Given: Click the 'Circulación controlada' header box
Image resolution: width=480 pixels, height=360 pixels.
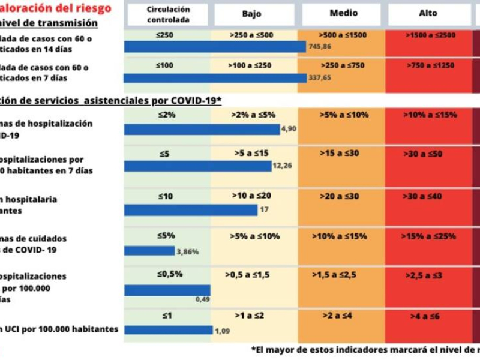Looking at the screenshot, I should (x=168, y=14).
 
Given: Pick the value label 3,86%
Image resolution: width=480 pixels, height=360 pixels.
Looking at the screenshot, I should (x=187, y=252).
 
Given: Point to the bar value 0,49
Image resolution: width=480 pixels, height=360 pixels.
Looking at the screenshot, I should (x=202, y=299).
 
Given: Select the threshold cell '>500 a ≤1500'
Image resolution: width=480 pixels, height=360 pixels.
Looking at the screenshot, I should (x=343, y=35).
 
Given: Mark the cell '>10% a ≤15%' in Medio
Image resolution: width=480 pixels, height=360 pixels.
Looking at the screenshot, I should (x=341, y=236).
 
